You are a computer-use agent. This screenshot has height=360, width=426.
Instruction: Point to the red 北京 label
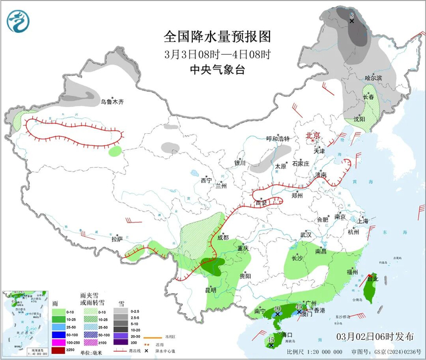coord(312,136)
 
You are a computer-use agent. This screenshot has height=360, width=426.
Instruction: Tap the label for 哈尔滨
coord(373,78)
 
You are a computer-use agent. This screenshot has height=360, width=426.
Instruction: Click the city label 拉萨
coord(116,239)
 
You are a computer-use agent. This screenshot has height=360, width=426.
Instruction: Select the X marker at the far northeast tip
coord(352,21)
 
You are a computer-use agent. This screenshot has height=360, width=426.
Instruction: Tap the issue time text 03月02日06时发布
coord(375,336)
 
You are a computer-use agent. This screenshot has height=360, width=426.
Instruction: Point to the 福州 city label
coord(351,271)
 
